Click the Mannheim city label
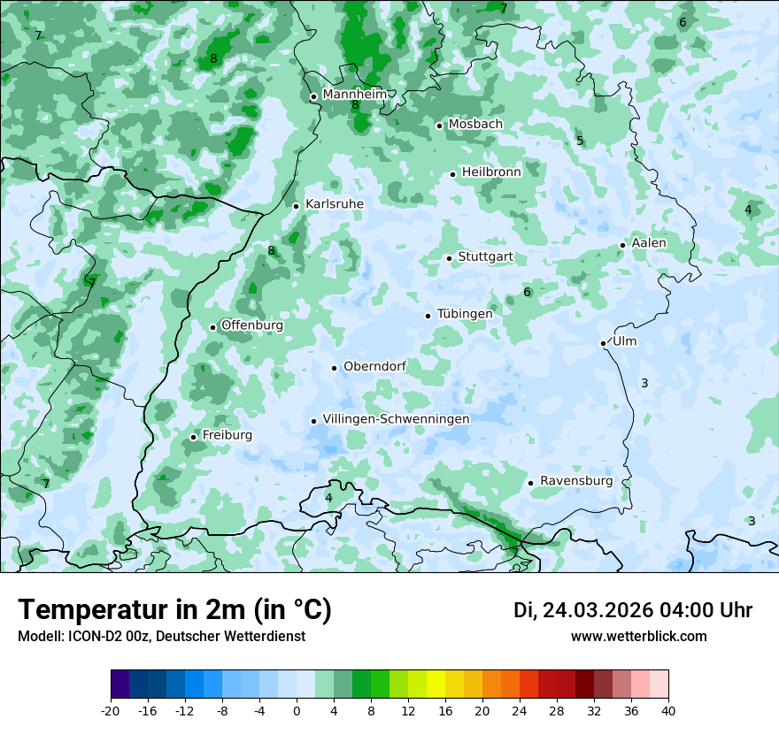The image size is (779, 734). pyautogui.click(x=354, y=95)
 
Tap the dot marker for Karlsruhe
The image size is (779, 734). pyautogui.click(x=297, y=206)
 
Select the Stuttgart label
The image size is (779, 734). pyautogui.click(x=485, y=257)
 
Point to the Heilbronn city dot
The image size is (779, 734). pyautogui.click(x=452, y=174)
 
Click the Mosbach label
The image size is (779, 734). pyautogui.click(x=475, y=125)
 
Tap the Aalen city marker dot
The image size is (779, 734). pyautogui.click(x=622, y=245)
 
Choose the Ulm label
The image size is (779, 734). pyautogui.click(x=624, y=341)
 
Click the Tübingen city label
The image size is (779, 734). pyautogui.click(x=465, y=314)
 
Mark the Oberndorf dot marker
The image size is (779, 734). pyautogui.click(x=334, y=368)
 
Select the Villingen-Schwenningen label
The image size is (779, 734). pyautogui.click(x=396, y=419)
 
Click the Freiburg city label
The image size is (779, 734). pyautogui.click(x=227, y=435)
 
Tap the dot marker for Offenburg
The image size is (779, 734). pyautogui.click(x=212, y=327)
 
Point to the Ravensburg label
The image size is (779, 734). pyautogui.click(x=576, y=481)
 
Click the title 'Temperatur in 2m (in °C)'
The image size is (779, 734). pyautogui.click(x=174, y=610)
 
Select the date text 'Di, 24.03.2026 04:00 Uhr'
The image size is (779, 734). pyautogui.click(x=633, y=610)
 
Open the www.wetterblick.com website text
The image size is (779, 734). pyautogui.click(x=638, y=637)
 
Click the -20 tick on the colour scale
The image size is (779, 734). pyautogui.click(x=111, y=711)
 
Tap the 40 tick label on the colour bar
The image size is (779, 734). pyautogui.click(x=667, y=711)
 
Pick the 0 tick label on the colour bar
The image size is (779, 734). pyautogui.click(x=297, y=711)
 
